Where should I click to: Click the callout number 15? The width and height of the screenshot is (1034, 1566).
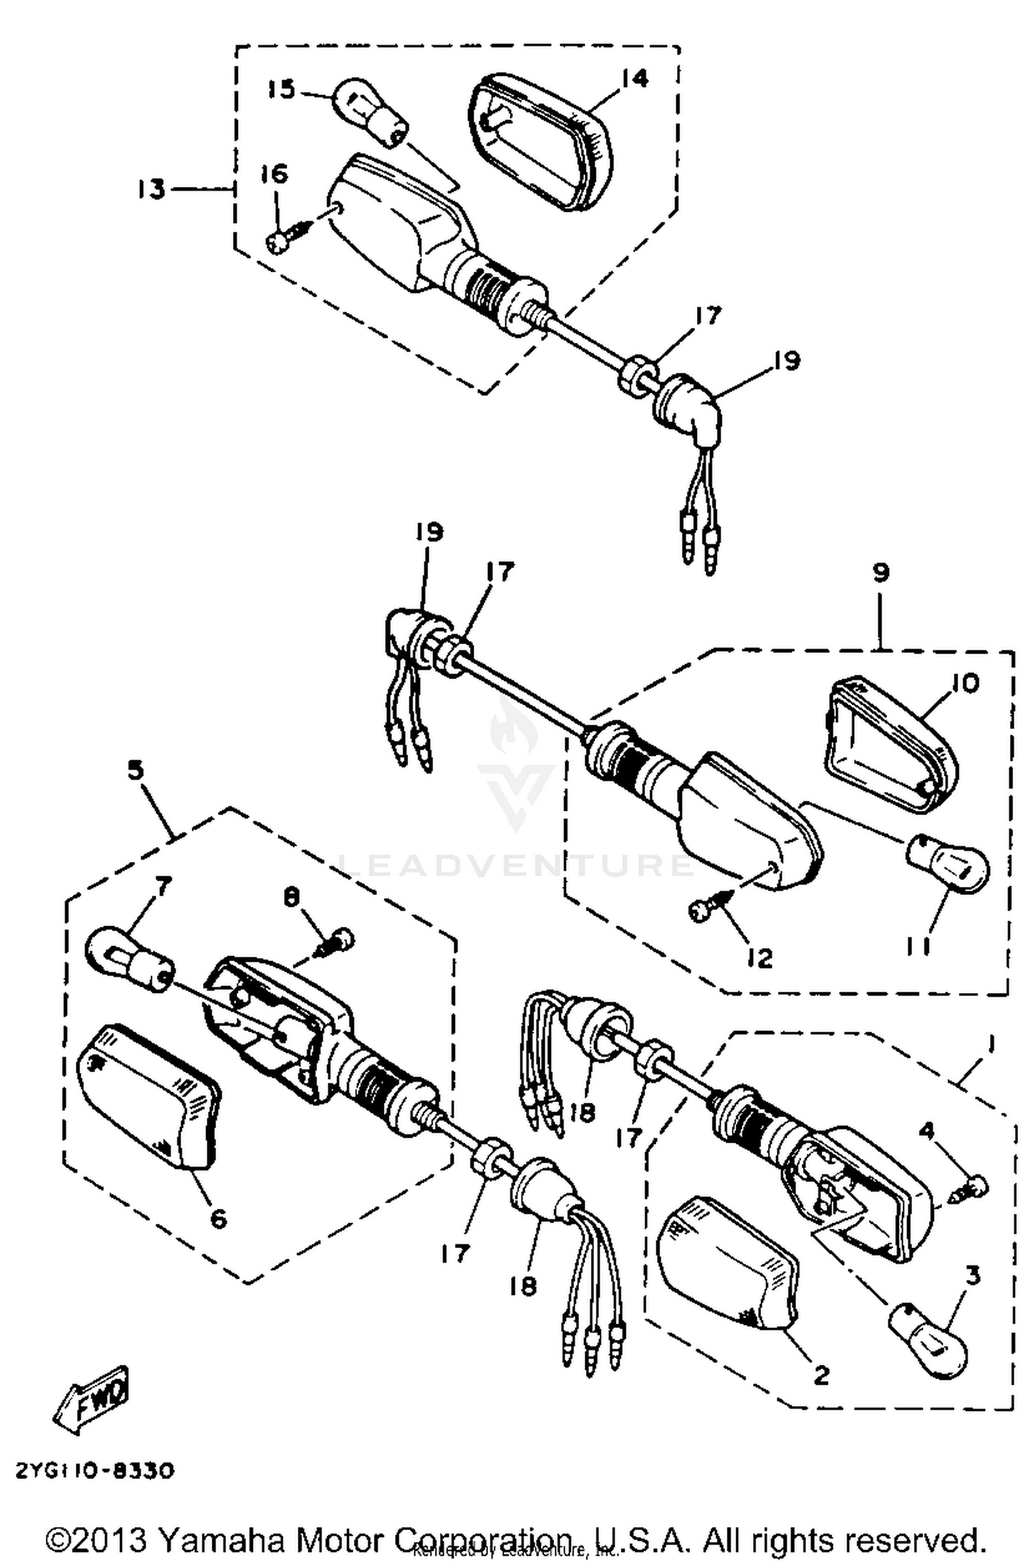tap(281, 89)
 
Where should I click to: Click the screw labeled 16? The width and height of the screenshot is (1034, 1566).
tap(281, 241)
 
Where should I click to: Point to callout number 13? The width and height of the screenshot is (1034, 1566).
tap(151, 188)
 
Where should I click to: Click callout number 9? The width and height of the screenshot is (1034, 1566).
tap(880, 572)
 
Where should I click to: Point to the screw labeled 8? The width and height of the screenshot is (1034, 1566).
tap(338, 942)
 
